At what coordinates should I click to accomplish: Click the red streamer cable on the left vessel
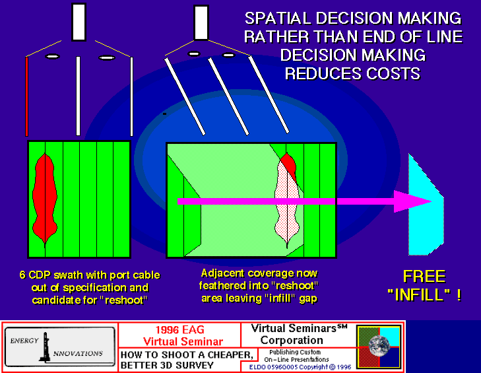[26, 96]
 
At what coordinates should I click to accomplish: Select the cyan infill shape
[426, 205]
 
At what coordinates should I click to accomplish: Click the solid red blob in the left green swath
[45, 199]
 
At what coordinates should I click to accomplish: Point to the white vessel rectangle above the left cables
[79, 22]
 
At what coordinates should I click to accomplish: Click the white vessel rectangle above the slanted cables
[201, 22]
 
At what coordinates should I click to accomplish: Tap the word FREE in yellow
[424, 277]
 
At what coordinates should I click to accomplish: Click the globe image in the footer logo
[379, 346]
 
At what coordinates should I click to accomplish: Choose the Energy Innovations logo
[60, 347]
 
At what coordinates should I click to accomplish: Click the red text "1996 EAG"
[179, 329]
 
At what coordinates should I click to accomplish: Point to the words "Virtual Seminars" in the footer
[299, 328]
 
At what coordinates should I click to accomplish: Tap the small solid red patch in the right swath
[289, 166]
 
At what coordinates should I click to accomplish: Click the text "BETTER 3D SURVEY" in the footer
[167, 365]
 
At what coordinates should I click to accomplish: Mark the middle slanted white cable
[228, 96]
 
